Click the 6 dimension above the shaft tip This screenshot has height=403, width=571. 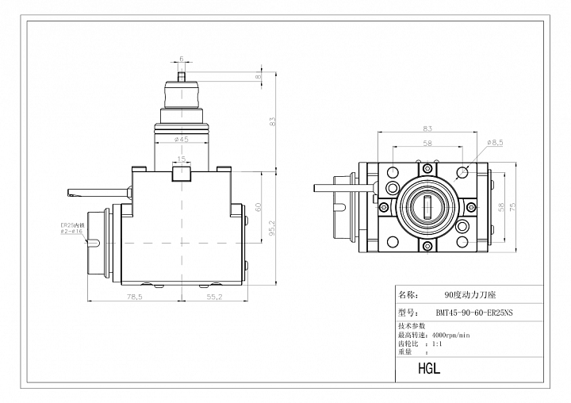tap(182, 59)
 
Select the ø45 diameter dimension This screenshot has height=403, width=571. tap(182, 139)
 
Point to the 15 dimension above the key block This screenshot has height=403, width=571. tap(181, 159)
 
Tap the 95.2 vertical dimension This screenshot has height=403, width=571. tap(273, 228)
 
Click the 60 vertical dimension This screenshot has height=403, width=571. tap(259, 208)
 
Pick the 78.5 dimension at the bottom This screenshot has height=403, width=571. tap(134, 297)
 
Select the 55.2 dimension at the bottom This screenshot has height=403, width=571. tap(214, 297)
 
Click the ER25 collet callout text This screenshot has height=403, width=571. tap(72, 228)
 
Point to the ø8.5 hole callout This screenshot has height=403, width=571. tap(495, 143)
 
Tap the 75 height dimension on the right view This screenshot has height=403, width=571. tap(512, 207)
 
